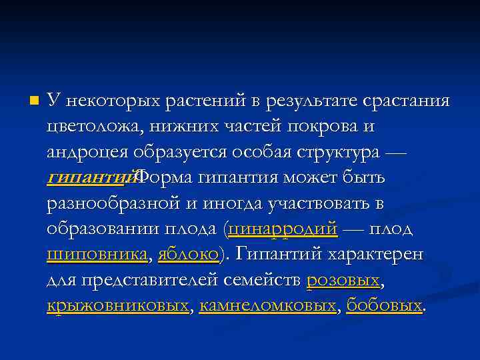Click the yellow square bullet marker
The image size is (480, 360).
tap(35, 101)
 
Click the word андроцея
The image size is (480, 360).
tap(87, 152)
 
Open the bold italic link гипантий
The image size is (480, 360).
tap(90, 178)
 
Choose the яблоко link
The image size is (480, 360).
tap(188, 254)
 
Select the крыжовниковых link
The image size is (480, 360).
tap(118, 305)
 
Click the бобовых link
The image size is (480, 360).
tap(385, 305)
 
